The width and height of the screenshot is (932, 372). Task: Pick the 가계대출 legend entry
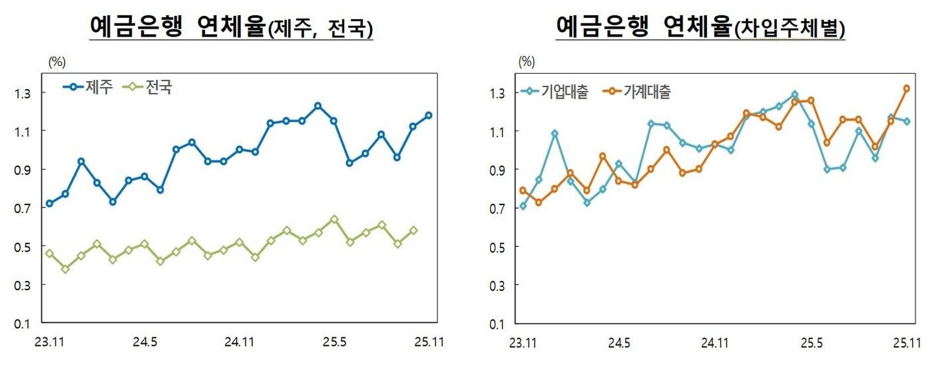click(637, 93)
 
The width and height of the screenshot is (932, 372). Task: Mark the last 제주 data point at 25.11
click(429, 115)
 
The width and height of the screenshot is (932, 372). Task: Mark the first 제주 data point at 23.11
click(49, 204)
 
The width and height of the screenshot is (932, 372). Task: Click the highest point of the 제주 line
click(318, 106)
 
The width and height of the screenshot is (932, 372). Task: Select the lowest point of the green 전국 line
click(65, 269)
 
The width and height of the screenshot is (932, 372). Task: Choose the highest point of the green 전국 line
click(334, 219)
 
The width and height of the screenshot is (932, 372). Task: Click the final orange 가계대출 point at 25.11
click(906, 88)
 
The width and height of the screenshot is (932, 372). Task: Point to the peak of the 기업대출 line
click(794, 94)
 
